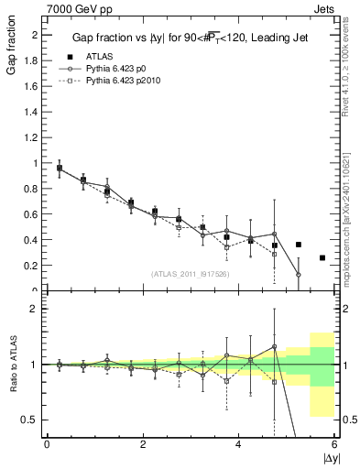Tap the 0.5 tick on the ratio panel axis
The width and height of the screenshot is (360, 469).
33,420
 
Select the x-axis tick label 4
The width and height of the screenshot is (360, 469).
238,444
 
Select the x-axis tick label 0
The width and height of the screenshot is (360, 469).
47,444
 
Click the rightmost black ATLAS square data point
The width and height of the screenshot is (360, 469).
322,257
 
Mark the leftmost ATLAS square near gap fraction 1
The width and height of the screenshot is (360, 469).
60,169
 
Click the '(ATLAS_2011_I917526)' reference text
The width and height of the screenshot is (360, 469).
190,274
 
